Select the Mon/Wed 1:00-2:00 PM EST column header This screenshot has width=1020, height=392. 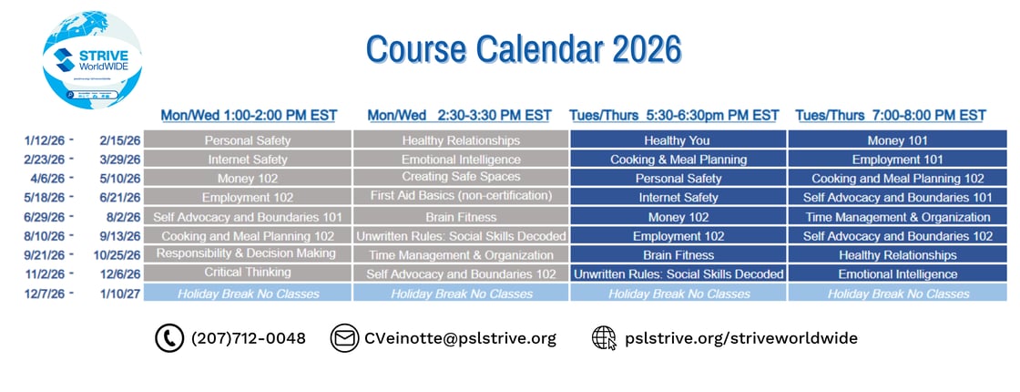249,116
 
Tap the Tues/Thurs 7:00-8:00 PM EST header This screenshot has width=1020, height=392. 890,116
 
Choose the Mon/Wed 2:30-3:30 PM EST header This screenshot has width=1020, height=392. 459,116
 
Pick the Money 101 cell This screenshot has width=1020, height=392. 897,140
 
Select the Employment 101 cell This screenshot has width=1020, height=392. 897,160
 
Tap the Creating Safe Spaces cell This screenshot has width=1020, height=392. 461,177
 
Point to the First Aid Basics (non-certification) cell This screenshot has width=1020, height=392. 461,196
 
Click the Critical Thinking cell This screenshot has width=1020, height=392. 248,273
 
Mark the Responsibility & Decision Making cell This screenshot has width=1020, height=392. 247,253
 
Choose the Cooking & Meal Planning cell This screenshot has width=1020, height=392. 678,160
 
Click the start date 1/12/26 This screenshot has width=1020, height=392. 44,140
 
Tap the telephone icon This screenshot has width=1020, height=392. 169,338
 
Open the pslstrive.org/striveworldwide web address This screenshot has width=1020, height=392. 740,338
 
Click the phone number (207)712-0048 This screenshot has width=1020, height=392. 248,338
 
